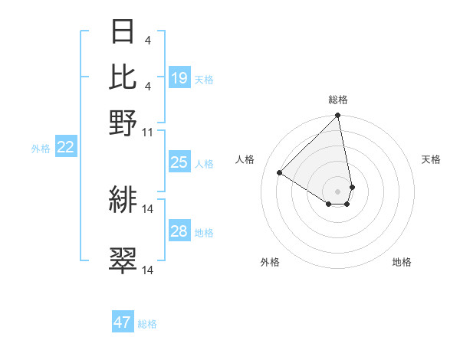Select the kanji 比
point(123,77)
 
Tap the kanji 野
point(123,123)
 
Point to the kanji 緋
point(123,200)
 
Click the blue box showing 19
point(179,78)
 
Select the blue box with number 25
point(179,162)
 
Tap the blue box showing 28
point(179,231)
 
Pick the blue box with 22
point(65,148)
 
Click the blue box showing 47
point(123,322)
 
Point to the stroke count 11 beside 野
point(148,133)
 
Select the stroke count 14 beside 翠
point(148,270)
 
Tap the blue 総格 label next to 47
point(147,324)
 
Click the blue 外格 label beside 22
point(41,149)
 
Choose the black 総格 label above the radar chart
point(338,100)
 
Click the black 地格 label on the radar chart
point(402,263)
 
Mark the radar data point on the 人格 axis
point(280,172)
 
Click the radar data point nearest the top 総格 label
point(337,116)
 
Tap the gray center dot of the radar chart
point(337,191)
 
